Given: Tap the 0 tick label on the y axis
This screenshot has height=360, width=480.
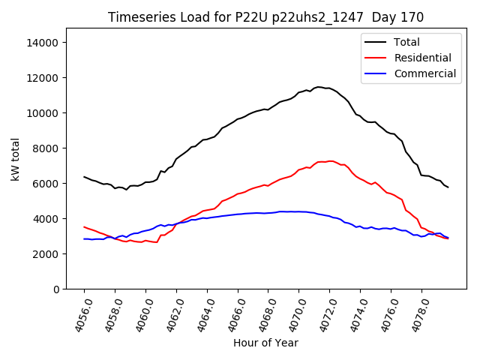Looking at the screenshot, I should [x=56, y=289].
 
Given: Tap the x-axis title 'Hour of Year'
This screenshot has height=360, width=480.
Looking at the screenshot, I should [x=265, y=343].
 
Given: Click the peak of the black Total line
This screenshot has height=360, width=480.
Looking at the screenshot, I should [x=319, y=87].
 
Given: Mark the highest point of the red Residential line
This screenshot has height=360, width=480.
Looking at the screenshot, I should [x=330, y=160].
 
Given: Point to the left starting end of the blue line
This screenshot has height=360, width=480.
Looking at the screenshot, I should [x=84, y=238].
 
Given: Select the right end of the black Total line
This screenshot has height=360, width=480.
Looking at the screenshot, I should [x=448, y=187].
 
